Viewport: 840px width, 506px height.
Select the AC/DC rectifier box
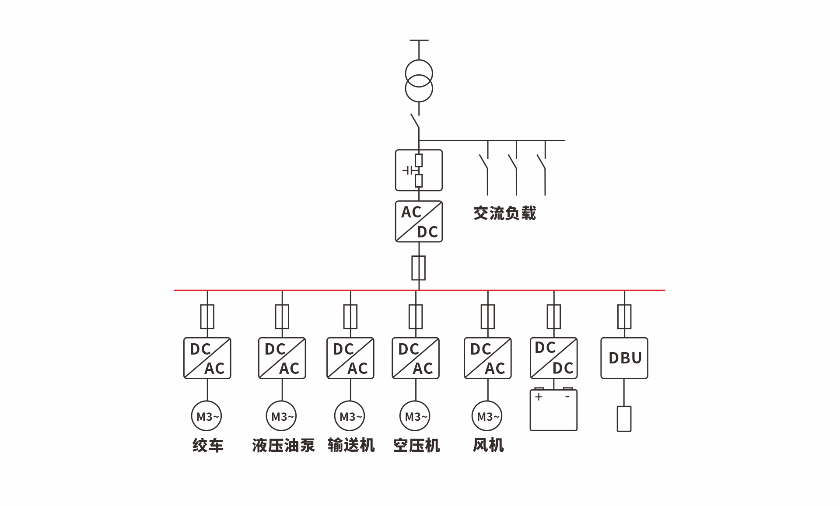pos(419,221)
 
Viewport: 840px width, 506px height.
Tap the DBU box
pos(624,358)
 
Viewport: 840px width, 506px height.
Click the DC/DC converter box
pos(554,358)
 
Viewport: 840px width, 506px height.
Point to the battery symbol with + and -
pos(554,410)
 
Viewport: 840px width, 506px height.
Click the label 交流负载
pos(505,213)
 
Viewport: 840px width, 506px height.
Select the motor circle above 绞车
pos(206,416)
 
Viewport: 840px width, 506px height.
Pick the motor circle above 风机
pos(487,416)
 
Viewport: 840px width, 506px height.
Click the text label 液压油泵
pos(283,445)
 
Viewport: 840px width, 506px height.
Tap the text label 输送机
pos(351,445)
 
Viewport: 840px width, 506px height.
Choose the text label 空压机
pos(416,445)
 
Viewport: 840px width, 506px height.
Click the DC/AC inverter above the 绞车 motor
pos(207,358)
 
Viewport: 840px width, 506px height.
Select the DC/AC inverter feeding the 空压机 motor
pos(416,358)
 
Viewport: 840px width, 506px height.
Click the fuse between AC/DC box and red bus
pos(419,268)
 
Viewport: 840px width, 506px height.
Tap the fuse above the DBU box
pos(624,317)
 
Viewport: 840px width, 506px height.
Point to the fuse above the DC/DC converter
pos(554,317)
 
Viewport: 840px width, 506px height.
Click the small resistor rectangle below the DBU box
pos(624,419)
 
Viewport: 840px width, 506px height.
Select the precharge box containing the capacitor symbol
pos(419,170)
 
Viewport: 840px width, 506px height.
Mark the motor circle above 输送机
pos(350,416)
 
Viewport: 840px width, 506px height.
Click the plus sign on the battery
pos(539,397)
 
